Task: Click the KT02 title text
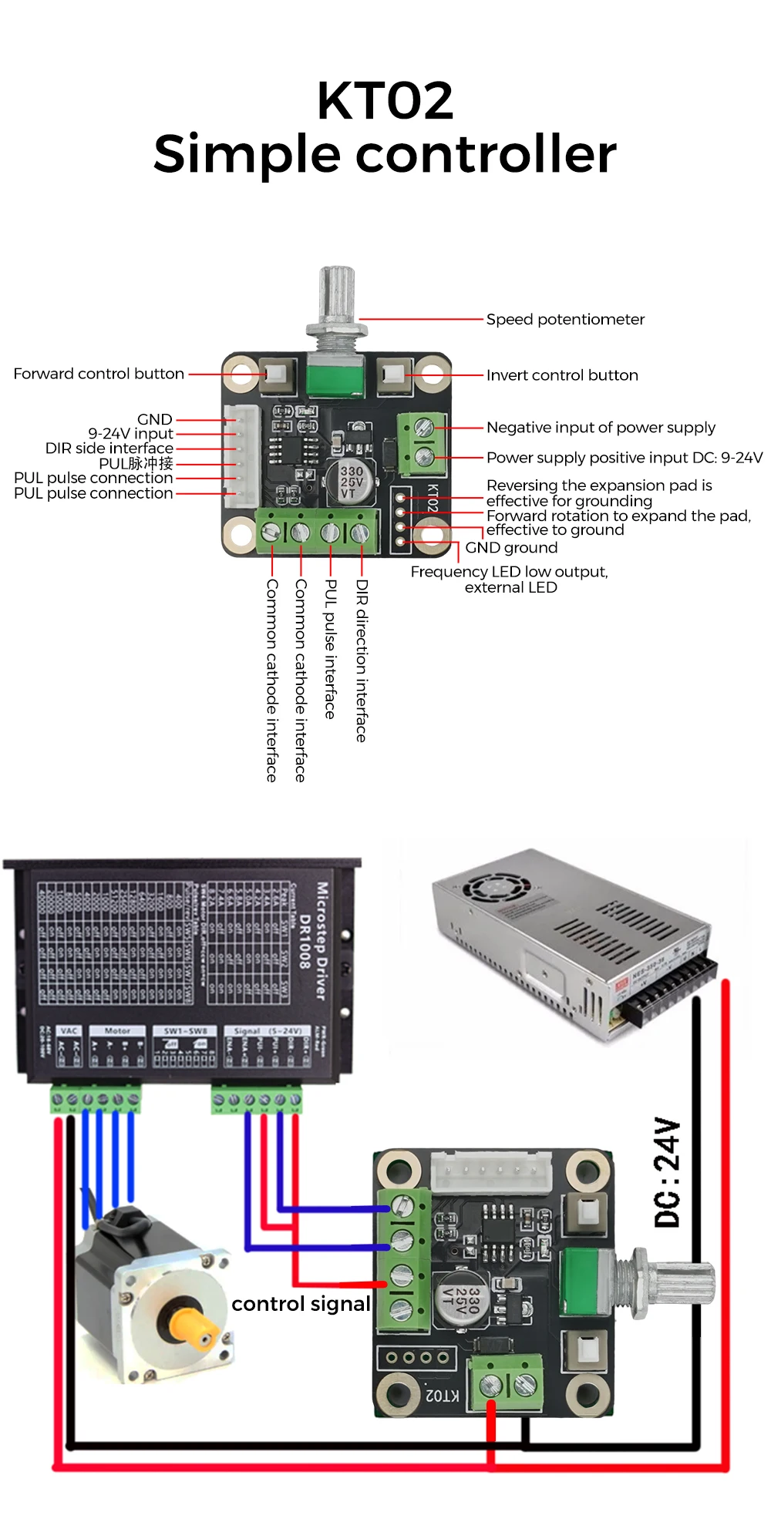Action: point(385,102)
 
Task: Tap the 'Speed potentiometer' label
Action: point(564,319)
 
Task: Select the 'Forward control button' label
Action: point(99,374)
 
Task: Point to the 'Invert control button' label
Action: point(562,375)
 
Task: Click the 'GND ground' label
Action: point(511,548)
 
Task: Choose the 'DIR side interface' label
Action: point(109,449)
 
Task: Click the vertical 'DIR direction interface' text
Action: point(361,660)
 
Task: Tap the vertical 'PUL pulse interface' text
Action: point(331,649)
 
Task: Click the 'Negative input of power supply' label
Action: point(601,428)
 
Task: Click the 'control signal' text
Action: point(301,1304)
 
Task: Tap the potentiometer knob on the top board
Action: point(337,295)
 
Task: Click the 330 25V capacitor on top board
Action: point(351,481)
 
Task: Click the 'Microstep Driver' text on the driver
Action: point(322,940)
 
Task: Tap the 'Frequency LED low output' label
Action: point(509,572)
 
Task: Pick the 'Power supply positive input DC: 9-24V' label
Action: point(624,458)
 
